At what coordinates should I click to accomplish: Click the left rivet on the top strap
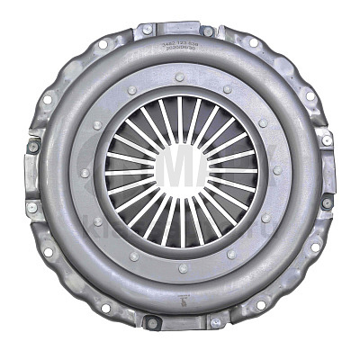pos(148,31)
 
